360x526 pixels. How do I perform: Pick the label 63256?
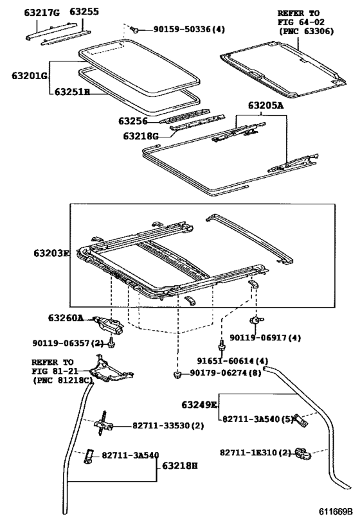click(132, 121)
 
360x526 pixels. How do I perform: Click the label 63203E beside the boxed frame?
click(51, 254)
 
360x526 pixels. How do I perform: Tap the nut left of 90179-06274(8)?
click(176, 374)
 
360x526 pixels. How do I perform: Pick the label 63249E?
click(199, 405)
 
